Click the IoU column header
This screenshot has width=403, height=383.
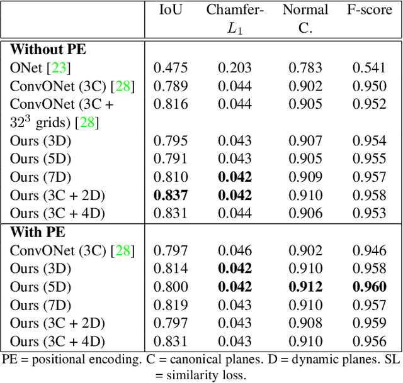(x=170, y=9)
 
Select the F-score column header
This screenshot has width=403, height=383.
(x=370, y=9)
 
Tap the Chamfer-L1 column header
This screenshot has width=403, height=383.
(x=235, y=19)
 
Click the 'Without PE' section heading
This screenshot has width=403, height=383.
(x=48, y=49)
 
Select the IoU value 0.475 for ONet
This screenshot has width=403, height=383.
(x=170, y=68)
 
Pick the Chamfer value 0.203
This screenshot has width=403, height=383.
(x=235, y=68)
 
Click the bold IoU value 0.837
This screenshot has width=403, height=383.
(x=170, y=196)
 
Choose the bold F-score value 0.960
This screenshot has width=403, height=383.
(x=370, y=287)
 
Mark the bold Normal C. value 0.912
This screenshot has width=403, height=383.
(x=305, y=287)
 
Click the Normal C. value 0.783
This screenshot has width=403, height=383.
(x=305, y=68)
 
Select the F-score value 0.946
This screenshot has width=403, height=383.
(x=370, y=250)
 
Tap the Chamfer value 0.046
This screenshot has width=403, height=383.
(x=235, y=250)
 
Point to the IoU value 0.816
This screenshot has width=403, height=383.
(x=170, y=104)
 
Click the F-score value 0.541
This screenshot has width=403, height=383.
(x=370, y=68)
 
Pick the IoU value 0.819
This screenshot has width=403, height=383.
(x=170, y=305)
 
